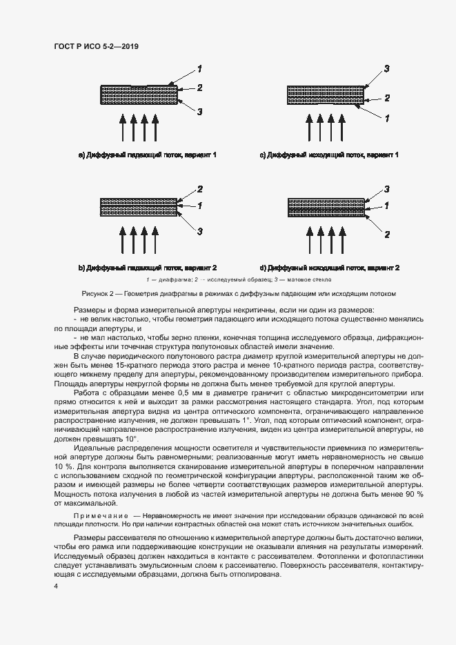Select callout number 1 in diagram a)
click(x=199, y=68)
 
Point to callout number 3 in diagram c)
click(x=387, y=68)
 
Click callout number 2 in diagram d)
click(x=387, y=235)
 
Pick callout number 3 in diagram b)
click(x=199, y=230)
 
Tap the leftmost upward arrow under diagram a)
click(x=123, y=128)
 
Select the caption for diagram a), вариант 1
click(x=148, y=155)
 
